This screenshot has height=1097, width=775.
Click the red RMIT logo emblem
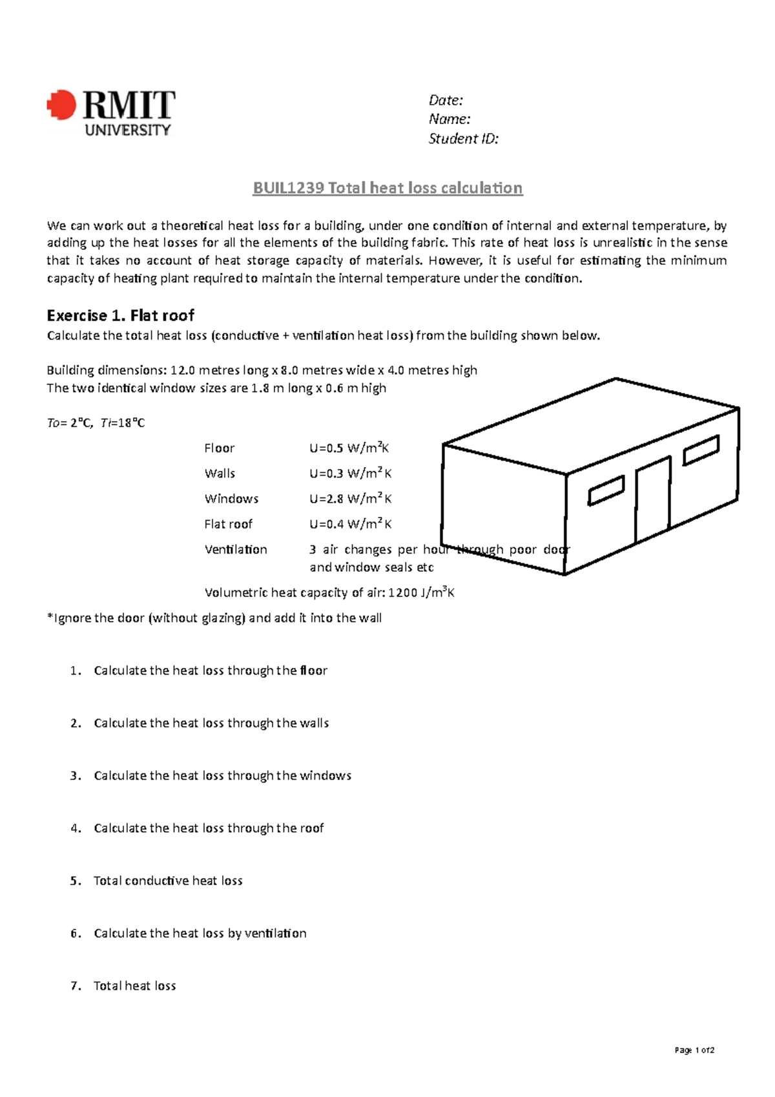pyautogui.click(x=62, y=105)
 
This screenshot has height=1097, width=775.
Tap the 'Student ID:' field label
pyautogui.click(x=463, y=139)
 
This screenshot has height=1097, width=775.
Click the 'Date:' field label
pyautogui.click(x=446, y=100)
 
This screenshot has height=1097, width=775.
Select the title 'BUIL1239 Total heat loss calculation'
pyautogui.click(x=387, y=188)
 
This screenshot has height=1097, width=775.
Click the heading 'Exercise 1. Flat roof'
pyautogui.click(x=120, y=315)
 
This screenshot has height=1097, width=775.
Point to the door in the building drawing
pyautogui.click(x=652, y=501)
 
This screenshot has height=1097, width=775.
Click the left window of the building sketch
pyautogui.click(x=606, y=491)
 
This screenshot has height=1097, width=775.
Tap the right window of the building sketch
pyautogui.click(x=701, y=450)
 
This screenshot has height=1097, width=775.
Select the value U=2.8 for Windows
pyautogui.click(x=350, y=499)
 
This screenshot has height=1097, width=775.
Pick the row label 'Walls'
pyautogui.click(x=220, y=474)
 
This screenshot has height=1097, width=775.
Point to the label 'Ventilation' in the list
pyautogui.click(x=236, y=550)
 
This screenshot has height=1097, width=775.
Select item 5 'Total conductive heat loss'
pyautogui.click(x=168, y=881)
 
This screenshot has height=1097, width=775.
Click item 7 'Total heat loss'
pyautogui.click(x=134, y=986)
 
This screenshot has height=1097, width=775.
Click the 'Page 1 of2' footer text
pyautogui.click(x=694, y=1050)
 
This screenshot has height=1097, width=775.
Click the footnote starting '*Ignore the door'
pyautogui.click(x=214, y=618)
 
